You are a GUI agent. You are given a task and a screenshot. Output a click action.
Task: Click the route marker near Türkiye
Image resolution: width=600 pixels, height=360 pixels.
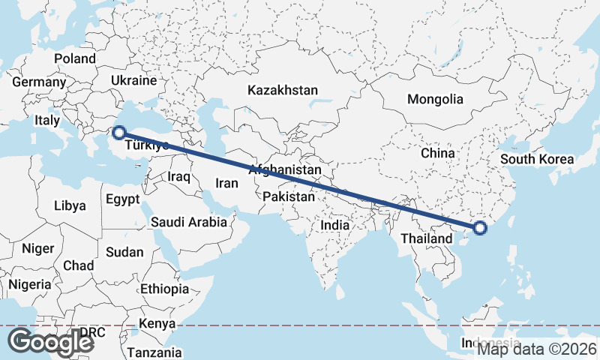(118, 133)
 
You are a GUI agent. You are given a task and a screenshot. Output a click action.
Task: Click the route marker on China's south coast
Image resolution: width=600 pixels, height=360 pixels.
(480, 228)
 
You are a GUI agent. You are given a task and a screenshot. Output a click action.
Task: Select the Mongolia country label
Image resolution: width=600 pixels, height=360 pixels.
(435, 99)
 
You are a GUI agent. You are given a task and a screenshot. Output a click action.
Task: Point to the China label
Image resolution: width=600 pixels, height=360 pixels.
(438, 153)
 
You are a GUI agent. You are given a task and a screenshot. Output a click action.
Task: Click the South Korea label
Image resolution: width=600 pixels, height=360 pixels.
(537, 159)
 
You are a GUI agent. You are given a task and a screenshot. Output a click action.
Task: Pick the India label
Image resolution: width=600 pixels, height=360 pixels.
(334, 225)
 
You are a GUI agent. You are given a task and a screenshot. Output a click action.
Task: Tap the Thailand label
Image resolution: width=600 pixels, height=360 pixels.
(426, 238)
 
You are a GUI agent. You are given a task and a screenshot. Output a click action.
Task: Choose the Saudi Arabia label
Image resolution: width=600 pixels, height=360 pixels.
(188, 222)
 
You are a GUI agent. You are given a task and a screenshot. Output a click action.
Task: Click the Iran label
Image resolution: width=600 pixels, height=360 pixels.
(226, 182)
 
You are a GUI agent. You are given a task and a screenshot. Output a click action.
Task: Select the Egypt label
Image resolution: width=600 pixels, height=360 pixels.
(123, 199)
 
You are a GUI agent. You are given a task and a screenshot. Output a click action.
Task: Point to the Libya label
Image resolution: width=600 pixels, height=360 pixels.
(70, 205)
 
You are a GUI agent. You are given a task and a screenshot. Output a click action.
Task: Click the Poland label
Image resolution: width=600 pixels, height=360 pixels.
(75, 58)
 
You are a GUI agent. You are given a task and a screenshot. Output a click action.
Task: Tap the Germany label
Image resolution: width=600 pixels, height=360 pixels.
(39, 82)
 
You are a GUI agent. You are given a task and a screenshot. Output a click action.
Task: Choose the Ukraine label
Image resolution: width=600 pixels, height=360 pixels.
(133, 80)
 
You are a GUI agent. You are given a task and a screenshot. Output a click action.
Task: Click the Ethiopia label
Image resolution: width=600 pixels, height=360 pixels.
(164, 289)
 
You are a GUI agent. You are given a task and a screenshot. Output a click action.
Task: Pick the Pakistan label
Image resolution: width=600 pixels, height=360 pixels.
(289, 196)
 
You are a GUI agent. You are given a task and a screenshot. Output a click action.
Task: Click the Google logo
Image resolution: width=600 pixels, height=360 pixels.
(51, 342)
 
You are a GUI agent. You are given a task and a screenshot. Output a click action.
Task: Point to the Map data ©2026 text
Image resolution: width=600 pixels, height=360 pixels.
(537, 349)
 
